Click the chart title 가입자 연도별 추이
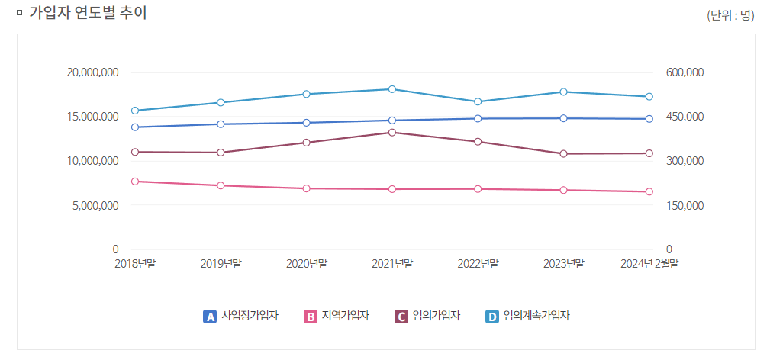pos(88,13)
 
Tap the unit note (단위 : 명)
pos(730,16)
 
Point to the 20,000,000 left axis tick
pos(92,72)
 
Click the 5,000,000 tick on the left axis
pos(95,205)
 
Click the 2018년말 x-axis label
pos(135,264)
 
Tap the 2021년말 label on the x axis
pos(392,264)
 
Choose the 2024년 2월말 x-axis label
pos(649,264)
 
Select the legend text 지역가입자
pos(346,316)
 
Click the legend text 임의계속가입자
pos(536,316)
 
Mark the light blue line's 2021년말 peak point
pos(392,89)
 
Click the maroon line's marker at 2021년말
pos(392,133)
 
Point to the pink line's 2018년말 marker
pos(135,182)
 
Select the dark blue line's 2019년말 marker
pos(221,124)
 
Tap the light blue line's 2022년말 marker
pos(478,101)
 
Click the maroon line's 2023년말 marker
pos(563,154)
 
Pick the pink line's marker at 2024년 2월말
pos(649,192)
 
